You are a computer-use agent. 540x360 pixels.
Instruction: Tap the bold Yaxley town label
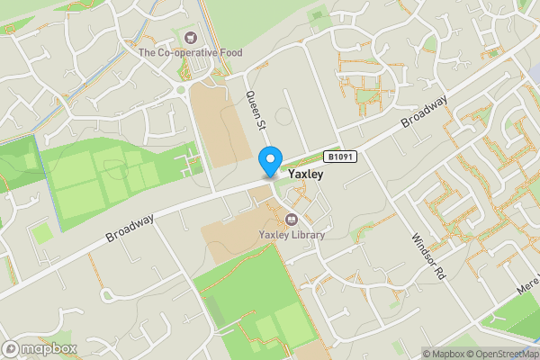click(x=305, y=173)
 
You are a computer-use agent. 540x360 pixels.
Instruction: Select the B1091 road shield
click(x=341, y=157)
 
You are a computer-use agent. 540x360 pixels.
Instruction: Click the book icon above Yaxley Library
click(x=291, y=219)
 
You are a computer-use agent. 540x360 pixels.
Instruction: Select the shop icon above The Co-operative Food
click(x=190, y=38)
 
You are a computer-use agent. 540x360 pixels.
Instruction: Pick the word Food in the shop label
click(x=230, y=53)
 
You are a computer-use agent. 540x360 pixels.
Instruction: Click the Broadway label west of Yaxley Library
click(x=130, y=227)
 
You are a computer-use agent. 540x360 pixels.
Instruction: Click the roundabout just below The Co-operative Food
click(x=183, y=88)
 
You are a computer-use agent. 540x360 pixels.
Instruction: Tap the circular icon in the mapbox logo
click(x=11, y=348)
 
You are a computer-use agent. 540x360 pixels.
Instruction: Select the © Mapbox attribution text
click(x=446, y=354)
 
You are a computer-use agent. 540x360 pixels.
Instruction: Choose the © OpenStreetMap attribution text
click(x=505, y=354)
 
